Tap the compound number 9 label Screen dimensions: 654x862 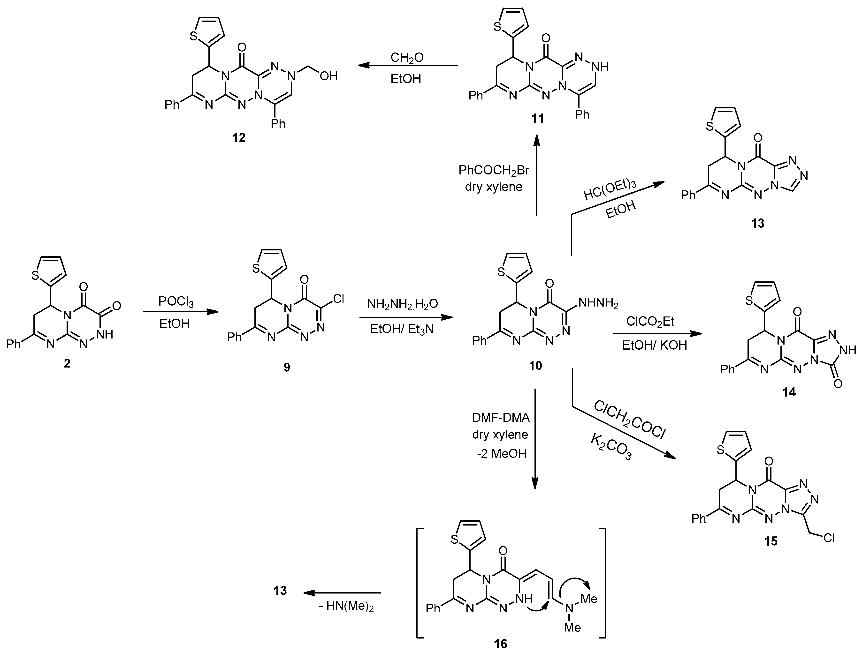(287, 367)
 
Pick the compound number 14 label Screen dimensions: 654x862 (789, 392)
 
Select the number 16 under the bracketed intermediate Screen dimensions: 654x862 (501, 644)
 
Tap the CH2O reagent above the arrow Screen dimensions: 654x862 (407, 58)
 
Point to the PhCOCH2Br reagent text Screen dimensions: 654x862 (494, 170)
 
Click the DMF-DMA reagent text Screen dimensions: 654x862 (501, 418)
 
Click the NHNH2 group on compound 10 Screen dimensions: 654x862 (598, 303)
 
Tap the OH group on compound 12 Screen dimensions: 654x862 (328, 76)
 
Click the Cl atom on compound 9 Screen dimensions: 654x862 (338, 299)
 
